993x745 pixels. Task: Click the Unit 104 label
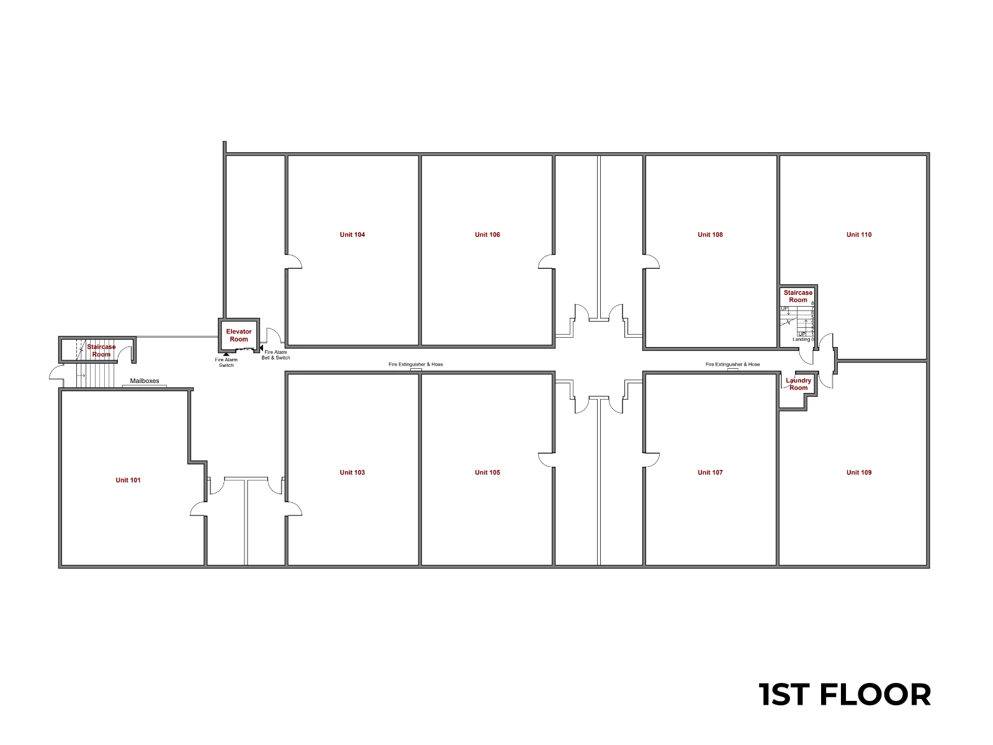click(352, 234)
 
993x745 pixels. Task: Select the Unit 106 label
click(487, 234)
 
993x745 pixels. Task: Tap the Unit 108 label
click(710, 234)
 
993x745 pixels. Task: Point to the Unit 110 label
click(859, 234)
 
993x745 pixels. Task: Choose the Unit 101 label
click(128, 480)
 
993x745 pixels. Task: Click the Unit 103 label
click(352, 472)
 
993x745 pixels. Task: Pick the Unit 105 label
click(487, 472)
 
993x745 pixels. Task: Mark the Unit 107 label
click(710, 472)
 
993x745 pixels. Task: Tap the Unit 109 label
click(859, 472)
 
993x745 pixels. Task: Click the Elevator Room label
click(239, 335)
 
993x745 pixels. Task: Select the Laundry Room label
click(799, 384)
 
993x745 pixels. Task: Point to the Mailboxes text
click(145, 381)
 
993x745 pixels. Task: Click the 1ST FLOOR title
click(844, 694)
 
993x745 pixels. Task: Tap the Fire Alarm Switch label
click(226, 363)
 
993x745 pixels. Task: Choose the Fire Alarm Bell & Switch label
click(276, 354)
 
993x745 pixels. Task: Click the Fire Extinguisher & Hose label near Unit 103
click(415, 364)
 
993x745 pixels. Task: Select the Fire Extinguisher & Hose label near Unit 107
click(732, 364)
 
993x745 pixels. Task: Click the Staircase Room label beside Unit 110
click(798, 296)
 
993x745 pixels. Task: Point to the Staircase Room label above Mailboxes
click(101, 351)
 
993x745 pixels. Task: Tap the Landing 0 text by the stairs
click(803, 339)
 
